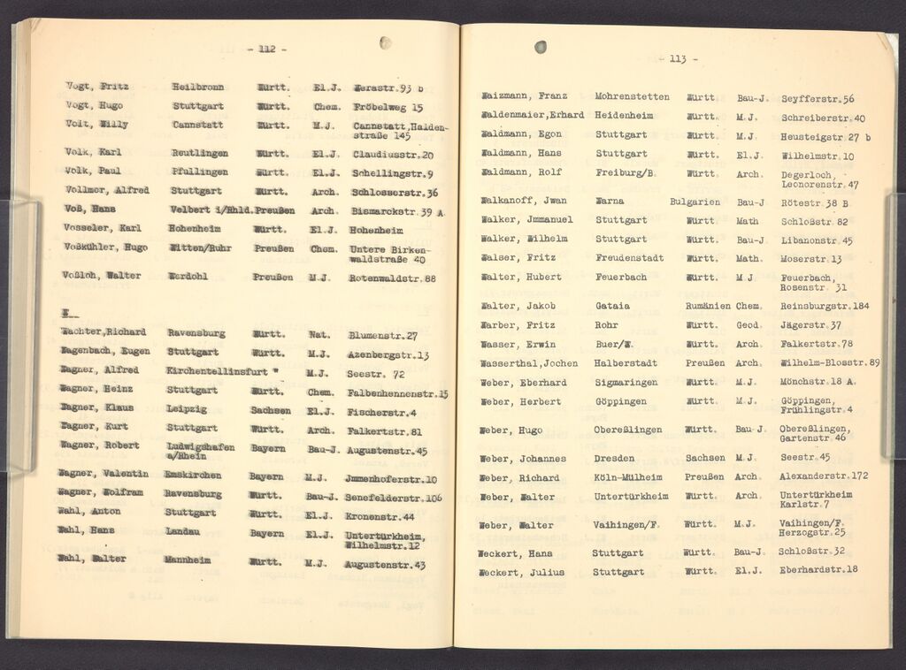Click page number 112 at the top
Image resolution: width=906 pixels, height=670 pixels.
pos(265,49)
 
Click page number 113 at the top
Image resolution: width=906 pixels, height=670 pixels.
pos(679,58)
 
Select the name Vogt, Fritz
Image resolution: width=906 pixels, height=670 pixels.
pos(97,87)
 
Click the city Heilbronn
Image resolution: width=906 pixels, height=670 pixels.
pos(198,88)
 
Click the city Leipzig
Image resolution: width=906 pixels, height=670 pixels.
pos(187,410)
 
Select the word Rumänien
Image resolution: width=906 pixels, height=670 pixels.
pos(707,306)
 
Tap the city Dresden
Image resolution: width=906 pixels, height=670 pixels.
pos(617,458)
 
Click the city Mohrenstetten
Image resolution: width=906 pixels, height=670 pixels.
pos(632,96)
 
